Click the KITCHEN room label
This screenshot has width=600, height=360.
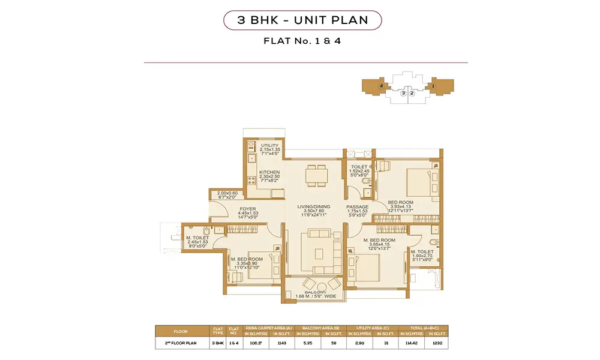(x=269, y=172)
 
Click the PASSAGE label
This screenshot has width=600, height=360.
(x=357, y=207)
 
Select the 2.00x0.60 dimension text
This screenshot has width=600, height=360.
(x=228, y=193)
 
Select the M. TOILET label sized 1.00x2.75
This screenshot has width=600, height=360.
(x=422, y=252)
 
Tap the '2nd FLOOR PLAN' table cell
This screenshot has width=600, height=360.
(x=181, y=343)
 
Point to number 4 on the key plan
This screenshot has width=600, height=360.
(x=381, y=86)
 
